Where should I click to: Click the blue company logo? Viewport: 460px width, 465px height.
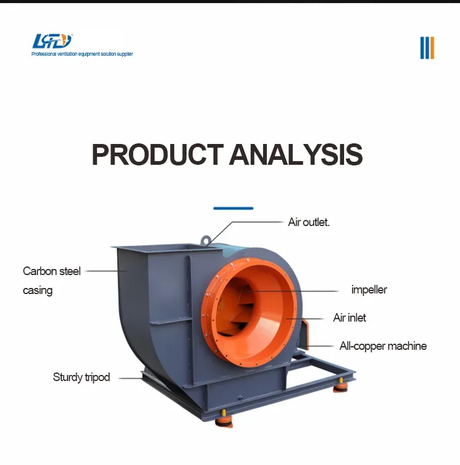click(52, 41)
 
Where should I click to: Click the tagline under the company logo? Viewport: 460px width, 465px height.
click(82, 54)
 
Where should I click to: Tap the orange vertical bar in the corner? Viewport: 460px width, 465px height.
click(432, 48)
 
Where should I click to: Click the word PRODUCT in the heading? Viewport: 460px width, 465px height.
click(158, 154)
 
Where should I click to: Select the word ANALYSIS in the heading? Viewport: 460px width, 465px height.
click(296, 154)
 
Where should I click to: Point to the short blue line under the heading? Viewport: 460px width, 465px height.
click(233, 208)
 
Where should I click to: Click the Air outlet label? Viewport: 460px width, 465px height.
click(309, 222)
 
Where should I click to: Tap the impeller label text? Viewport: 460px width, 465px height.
click(369, 290)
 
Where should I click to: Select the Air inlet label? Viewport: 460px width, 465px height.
click(350, 317)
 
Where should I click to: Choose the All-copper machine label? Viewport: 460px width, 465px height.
click(383, 346)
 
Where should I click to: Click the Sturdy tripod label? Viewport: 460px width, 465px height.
click(82, 377)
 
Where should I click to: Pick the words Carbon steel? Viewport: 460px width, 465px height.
click(52, 271)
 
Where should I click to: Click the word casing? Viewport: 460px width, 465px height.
click(37, 290)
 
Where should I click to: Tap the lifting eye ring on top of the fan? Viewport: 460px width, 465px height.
click(205, 240)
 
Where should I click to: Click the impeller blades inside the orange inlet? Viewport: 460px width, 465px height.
click(239, 308)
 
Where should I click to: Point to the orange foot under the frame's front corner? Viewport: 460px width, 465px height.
click(224, 420)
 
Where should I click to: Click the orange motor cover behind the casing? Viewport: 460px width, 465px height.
click(305, 334)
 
